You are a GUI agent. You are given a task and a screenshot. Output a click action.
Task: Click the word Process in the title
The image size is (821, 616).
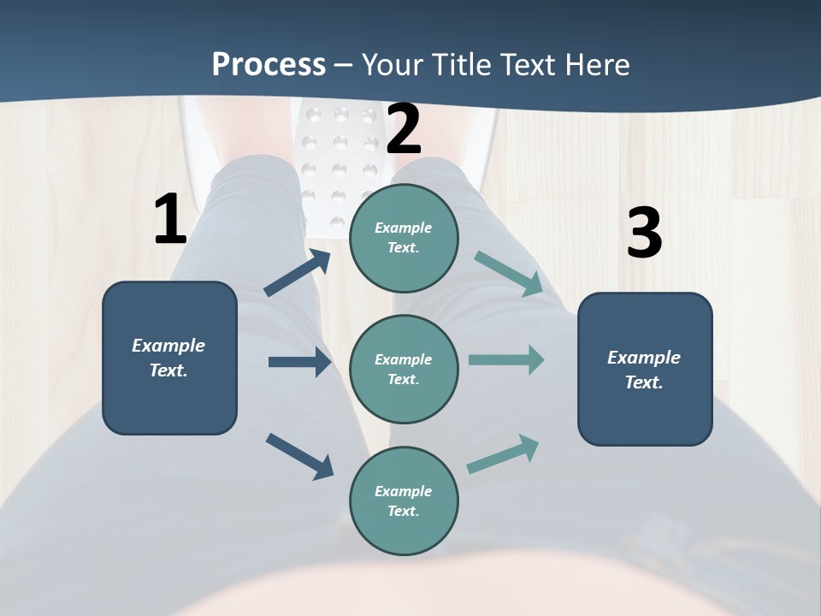coord(269,65)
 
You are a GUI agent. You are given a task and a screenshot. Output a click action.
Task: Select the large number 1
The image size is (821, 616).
coord(170,220)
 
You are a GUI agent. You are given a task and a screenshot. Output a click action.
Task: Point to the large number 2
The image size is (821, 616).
coord(404,129)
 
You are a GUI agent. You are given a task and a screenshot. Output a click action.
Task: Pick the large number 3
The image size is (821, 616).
coord(644,233)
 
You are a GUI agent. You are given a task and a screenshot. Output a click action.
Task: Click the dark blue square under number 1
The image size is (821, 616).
coord(169,358)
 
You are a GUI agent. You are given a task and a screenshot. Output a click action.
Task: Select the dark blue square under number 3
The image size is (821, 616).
coord(645,370)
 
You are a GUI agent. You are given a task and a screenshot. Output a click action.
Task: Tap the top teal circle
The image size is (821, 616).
coord(404,238)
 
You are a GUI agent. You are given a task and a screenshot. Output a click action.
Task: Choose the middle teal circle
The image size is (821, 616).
coord(404,370)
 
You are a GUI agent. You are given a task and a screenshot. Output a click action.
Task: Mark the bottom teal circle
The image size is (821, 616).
coord(404,500)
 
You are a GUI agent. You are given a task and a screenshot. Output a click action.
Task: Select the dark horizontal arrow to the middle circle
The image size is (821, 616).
coord(299,362)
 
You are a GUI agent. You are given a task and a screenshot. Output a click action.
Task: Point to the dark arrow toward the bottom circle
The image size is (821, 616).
coord(299,456)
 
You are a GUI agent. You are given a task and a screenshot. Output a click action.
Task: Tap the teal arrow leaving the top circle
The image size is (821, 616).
coord(509,274)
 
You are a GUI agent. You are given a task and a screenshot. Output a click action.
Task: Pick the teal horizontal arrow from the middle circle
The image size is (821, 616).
coord(506,359)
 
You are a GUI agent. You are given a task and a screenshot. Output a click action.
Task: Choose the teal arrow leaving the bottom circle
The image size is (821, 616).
coord(503,454)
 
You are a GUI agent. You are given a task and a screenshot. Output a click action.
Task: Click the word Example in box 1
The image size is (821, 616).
coord(168,346)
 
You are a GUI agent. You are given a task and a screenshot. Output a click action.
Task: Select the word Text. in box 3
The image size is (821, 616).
coord(644,382)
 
